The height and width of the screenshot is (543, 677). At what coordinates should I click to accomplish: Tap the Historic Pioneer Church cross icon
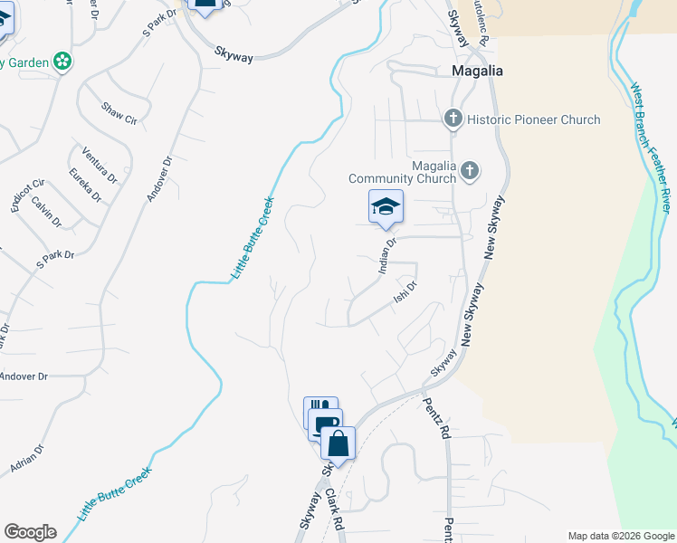(453, 119)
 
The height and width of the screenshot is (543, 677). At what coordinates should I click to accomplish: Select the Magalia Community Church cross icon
(469, 170)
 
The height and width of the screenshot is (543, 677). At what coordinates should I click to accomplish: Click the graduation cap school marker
(386, 207)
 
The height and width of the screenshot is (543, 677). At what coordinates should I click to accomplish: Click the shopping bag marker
(338, 444)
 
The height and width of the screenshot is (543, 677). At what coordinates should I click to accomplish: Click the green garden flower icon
(62, 62)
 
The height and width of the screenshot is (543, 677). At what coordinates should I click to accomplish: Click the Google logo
(30, 532)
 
